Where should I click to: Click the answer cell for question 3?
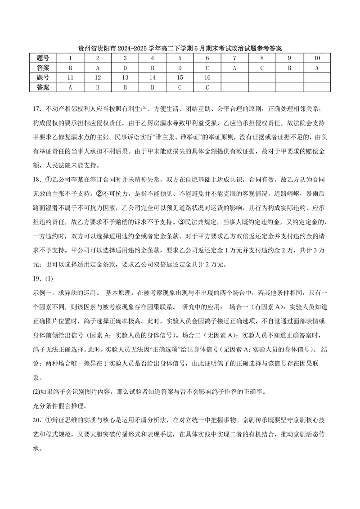tap(125, 68)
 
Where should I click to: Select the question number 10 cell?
tap(317, 58)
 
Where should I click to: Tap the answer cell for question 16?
tap(207, 87)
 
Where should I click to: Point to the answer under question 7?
tap(234, 68)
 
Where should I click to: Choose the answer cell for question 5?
tap(180, 68)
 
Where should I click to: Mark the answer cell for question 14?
tap(152, 87)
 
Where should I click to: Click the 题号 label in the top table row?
tap(43, 58)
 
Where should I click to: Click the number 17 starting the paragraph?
tap(37, 109)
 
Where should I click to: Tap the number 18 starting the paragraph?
tap(37, 180)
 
